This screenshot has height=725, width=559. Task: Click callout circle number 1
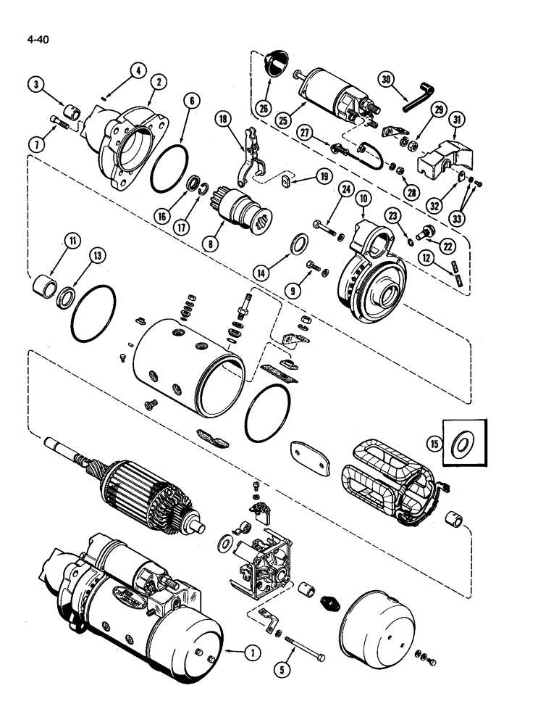252,652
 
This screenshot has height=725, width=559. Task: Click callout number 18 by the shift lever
224,120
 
